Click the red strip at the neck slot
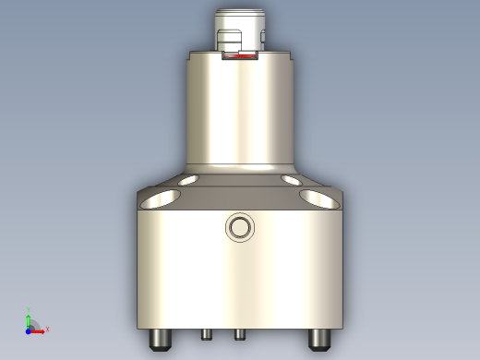[x=241, y=58]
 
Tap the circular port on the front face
[x=240, y=227]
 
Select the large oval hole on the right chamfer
[x=318, y=197]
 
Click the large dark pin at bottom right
[x=319, y=339]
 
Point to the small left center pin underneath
[x=207, y=332]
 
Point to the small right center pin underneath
[x=239, y=332]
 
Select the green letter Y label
[x=29, y=309]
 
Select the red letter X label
[x=47, y=329]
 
